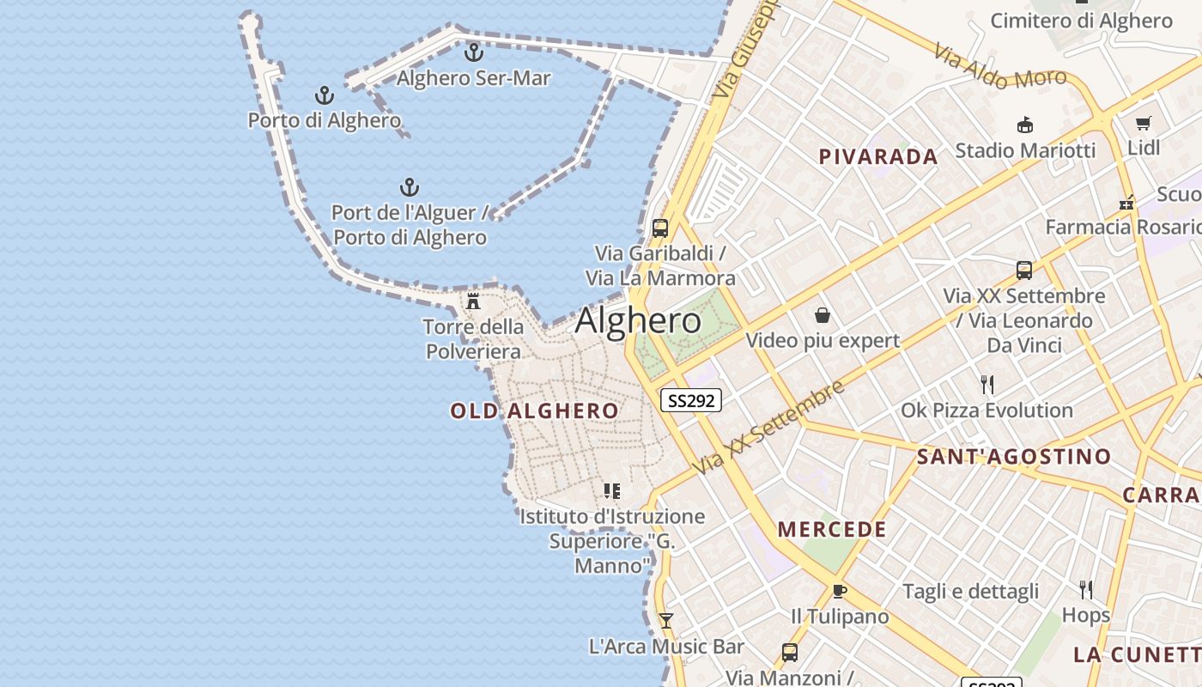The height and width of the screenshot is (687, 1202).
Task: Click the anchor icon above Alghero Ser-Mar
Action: [x=473, y=52]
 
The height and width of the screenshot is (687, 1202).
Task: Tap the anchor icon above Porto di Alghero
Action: [x=325, y=95]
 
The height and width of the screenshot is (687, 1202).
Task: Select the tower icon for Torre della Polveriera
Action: [x=473, y=301]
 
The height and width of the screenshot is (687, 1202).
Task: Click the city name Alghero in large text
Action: [x=638, y=320]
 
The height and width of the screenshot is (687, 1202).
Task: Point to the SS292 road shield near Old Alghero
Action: [x=691, y=400]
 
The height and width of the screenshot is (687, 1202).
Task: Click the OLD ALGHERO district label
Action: [x=534, y=411]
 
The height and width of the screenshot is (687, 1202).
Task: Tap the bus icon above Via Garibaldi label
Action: [x=659, y=228]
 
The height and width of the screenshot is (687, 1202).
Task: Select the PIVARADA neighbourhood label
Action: [x=877, y=157]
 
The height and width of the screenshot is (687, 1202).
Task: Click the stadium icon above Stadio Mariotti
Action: [x=1024, y=125]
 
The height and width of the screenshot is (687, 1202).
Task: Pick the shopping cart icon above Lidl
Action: [x=1143, y=123]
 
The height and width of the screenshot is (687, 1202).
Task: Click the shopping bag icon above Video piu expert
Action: [x=823, y=315]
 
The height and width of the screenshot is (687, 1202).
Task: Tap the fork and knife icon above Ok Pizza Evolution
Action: [x=987, y=385]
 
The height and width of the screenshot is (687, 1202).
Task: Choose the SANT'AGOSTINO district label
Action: [x=1014, y=457]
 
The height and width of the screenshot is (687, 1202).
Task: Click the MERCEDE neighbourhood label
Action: [x=832, y=529]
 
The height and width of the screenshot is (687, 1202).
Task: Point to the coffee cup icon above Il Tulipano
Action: [x=840, y=592]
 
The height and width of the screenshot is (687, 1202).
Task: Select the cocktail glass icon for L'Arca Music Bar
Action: [x=665, y=620]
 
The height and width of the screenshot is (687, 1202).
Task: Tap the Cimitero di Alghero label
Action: [x=1081, y=21]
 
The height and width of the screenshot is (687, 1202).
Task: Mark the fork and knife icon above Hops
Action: [x=1086, y=589]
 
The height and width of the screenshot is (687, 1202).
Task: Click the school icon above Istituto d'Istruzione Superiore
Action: [x=612, y=491]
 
